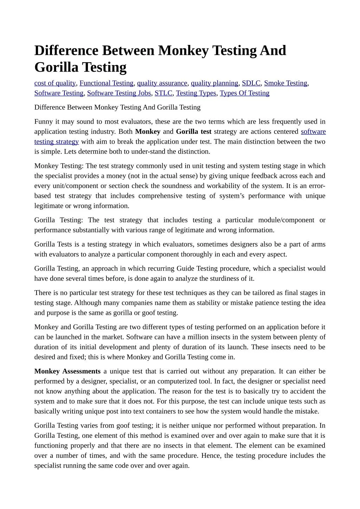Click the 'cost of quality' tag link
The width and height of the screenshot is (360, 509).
[55, 83]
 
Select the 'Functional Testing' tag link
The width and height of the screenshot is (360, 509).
[106, 83]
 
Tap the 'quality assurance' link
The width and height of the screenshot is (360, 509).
[162, 83]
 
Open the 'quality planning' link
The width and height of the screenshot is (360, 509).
[214, 83]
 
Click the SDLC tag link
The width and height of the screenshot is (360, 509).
[251, 83]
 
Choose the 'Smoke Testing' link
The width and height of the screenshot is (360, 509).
[285, 83]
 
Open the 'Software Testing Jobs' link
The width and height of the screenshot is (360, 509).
[119, 93]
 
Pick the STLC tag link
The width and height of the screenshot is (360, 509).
[163, 93]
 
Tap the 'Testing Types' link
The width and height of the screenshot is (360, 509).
[196, 93]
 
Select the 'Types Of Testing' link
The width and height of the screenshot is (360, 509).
[244, 93]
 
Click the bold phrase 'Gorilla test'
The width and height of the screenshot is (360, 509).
[193, 132]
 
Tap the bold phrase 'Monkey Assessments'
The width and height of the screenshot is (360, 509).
[67, 371]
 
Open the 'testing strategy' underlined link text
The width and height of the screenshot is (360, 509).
[56, 142]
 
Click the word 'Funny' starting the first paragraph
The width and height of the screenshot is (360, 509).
[43, 122]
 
